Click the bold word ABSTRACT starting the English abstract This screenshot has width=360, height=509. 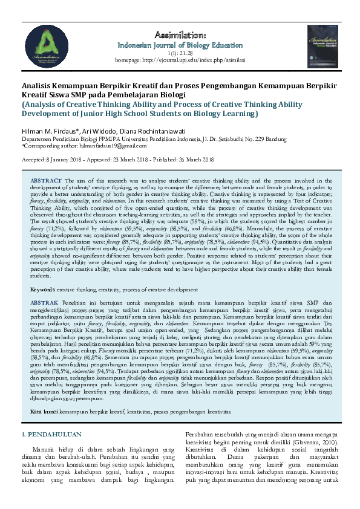click(x=47, y=181)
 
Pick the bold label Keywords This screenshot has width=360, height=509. click(x=43, y=290)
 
